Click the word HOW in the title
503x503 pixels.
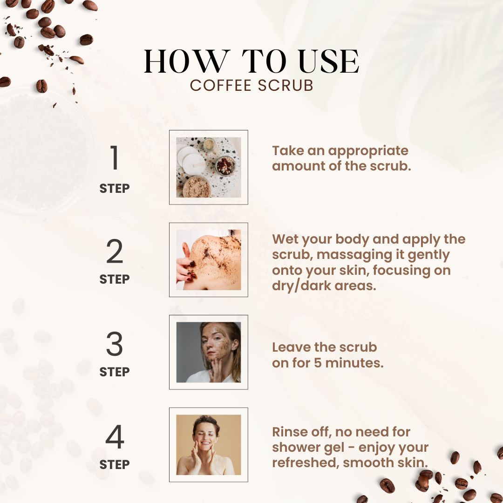click(x=187, y=61)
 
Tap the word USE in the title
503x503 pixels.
click(x=329, y=61)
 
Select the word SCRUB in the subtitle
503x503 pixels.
click(x=285, y=85)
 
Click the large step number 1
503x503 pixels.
click(x=115, y=157)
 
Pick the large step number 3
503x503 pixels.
click(x=115, y=344)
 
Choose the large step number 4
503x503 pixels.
click(x=115, y=436)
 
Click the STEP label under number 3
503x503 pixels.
click(x=115, y=372)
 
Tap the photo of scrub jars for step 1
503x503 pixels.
click(x=209, y=167)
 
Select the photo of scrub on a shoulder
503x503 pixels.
click(x=209, y=260)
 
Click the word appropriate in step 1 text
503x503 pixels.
click(x=368, y=151)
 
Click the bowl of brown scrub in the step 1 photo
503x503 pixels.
click(x=197, y=187)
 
